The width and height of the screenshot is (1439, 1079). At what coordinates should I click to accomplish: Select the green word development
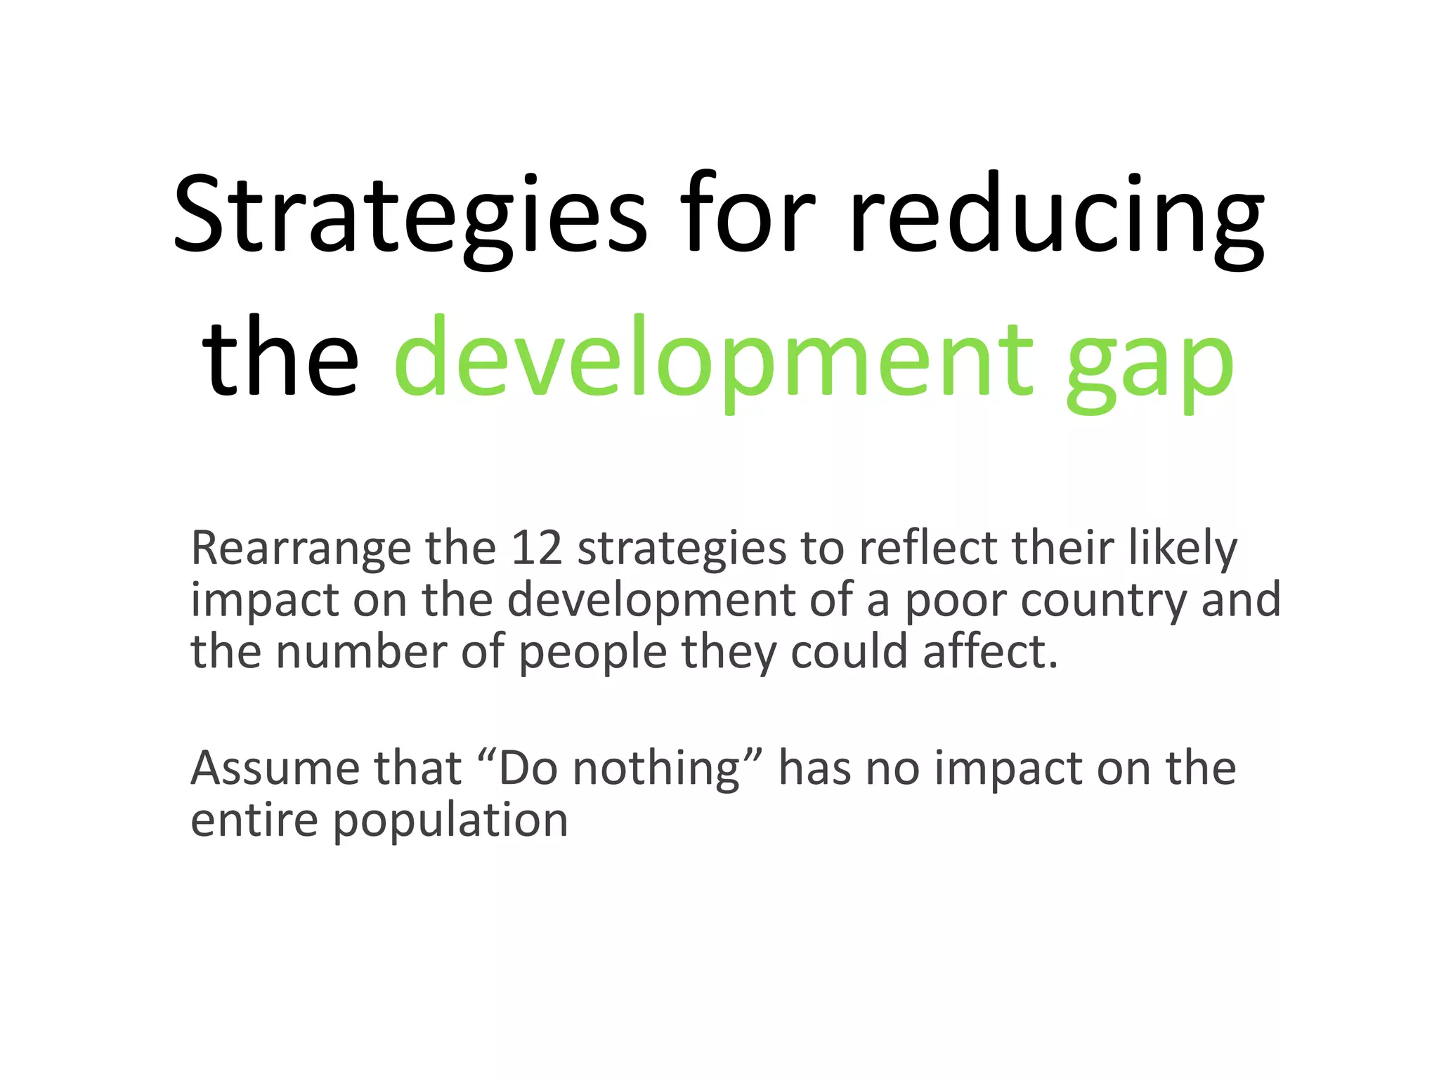[714, 358]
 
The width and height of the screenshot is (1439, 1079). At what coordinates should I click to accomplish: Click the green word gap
[1150, 362]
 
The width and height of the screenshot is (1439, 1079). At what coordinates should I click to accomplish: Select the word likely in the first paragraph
[1182, 548]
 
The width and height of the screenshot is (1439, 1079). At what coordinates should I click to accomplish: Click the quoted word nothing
[656, 769]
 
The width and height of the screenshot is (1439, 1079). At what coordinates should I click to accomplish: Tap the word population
[450, 821]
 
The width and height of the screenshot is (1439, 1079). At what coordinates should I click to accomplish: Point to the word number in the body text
[361, 651]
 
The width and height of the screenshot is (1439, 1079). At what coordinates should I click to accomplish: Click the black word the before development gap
[280, 358]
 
